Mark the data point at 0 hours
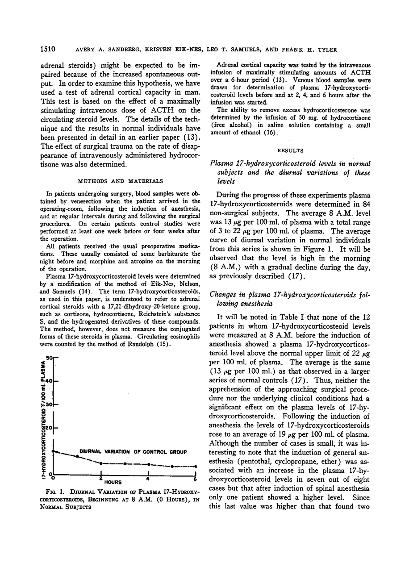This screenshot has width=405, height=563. [x=54, y=451]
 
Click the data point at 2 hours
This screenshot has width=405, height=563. [x=101, y=463]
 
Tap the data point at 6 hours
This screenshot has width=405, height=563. [x=195, y=467]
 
